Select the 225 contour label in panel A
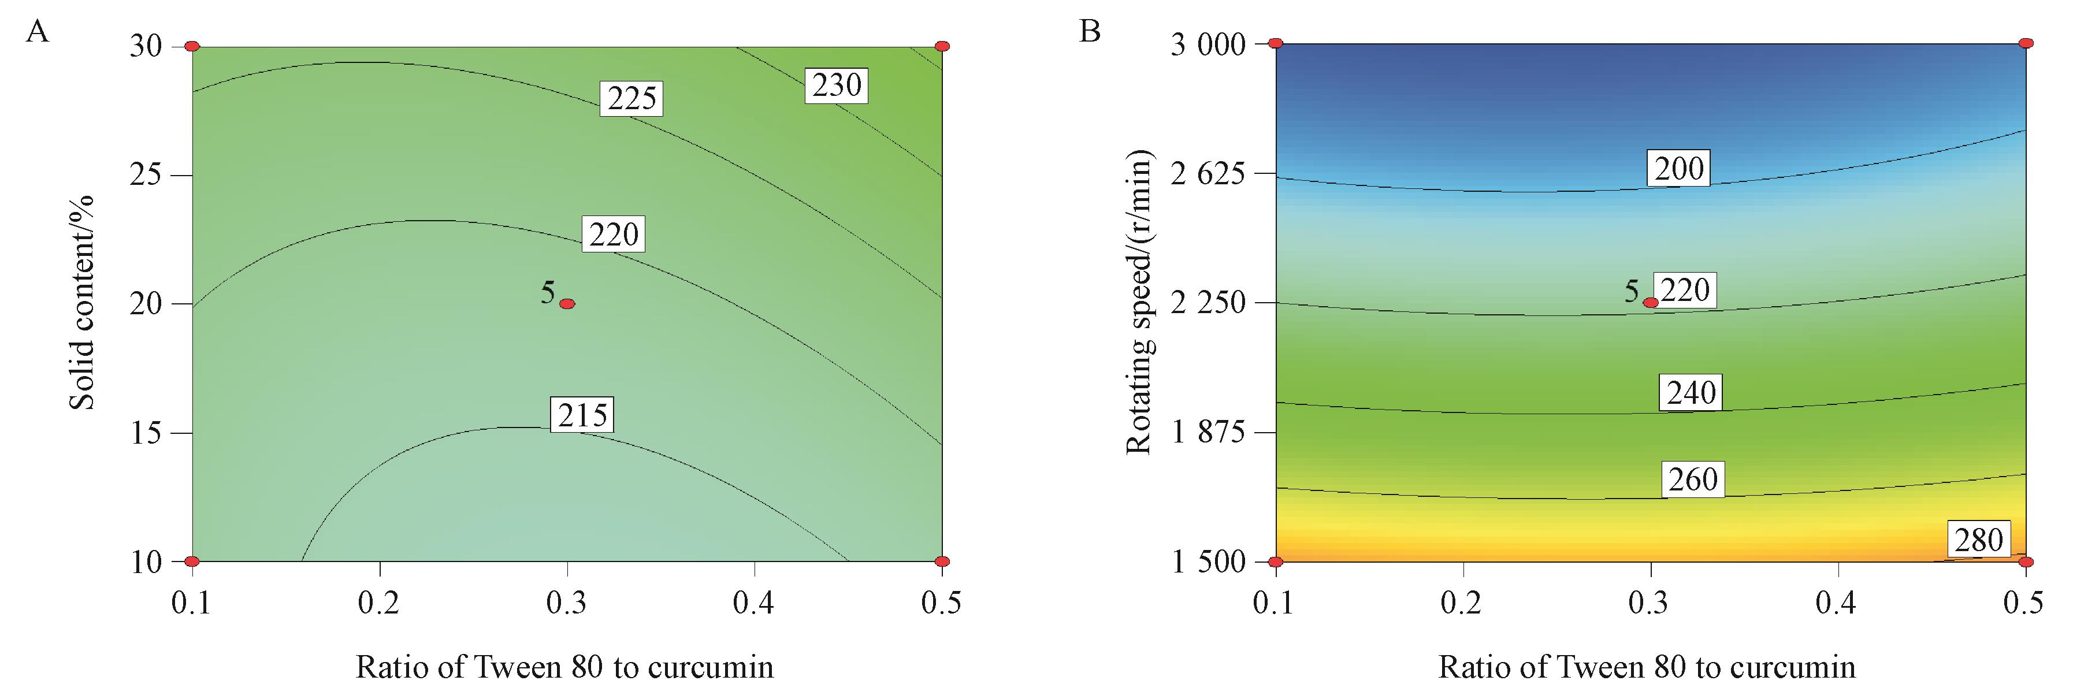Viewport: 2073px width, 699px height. coord(631,99)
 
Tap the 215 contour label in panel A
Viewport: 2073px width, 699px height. coord(582,415)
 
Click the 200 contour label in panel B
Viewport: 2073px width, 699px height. coord(1679,169)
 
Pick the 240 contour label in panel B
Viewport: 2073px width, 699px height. coord(1691,392)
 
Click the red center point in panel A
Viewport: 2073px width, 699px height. coord(567,303)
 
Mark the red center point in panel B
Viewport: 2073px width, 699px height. coord(1651,303)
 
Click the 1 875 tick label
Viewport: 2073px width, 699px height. coord(1207,433)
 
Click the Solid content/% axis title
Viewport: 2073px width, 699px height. coord(82,303)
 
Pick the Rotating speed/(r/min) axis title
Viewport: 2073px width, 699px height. coord(1139,303)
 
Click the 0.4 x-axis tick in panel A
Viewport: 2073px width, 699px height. coord(754,603)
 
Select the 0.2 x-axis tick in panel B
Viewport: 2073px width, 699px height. coord(1462,603)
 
